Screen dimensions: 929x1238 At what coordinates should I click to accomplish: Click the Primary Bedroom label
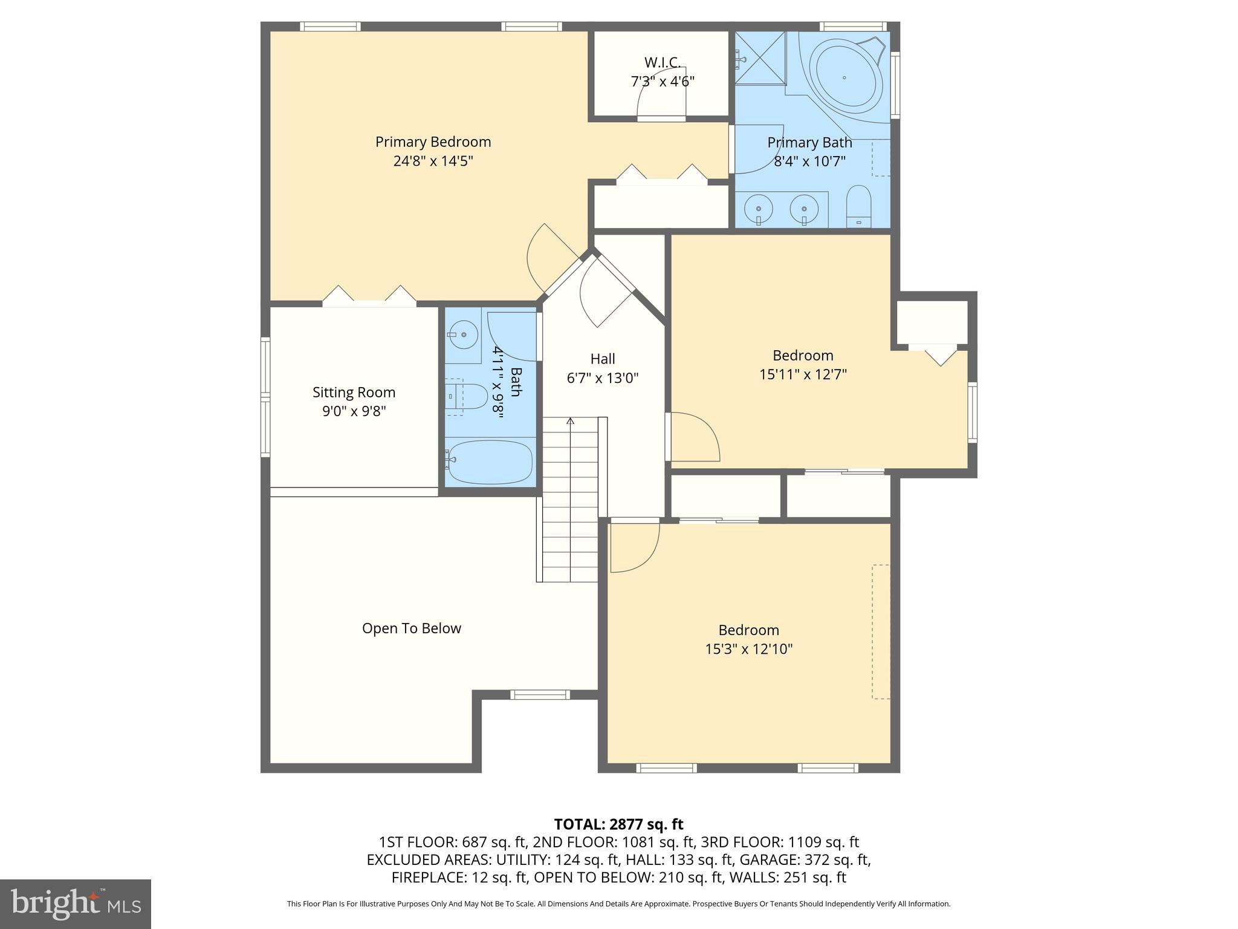pos(433,142)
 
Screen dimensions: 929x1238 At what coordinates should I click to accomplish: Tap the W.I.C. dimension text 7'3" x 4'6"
pos(663,81)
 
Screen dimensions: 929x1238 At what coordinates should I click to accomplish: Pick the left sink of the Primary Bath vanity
pos(758,209)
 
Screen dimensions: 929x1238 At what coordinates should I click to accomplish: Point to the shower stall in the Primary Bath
pos(760,58)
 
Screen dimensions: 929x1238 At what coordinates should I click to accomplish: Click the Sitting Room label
pos(354,392)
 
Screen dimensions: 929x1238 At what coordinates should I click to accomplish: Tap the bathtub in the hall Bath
pos(490,462)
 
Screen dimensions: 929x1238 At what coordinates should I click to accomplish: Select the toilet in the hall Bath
pos(468,397)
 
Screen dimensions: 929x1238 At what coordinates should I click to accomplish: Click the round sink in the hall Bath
pos(463,334)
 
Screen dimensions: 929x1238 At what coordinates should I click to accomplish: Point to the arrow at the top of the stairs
pos(569,422)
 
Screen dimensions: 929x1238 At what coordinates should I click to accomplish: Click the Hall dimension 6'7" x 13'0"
pos(602,378)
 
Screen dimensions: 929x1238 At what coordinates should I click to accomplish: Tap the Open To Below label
pos(411,628)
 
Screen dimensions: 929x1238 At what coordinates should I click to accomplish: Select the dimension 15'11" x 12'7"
pos(803,374)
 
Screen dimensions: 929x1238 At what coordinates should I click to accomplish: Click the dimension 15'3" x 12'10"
pos(748,649)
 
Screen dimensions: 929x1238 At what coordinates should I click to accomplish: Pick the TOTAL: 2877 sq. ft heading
pos(618,824)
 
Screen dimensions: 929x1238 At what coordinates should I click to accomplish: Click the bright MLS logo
pos(76,904)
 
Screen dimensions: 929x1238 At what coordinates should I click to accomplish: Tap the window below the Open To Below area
pos(540,695)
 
